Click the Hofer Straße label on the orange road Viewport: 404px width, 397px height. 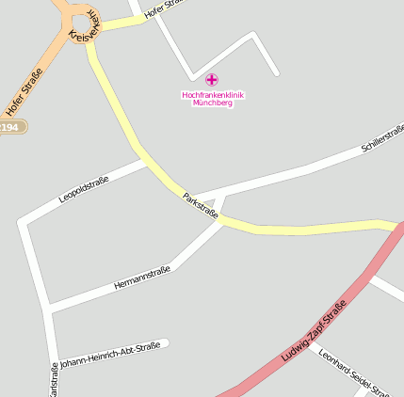(24, 91)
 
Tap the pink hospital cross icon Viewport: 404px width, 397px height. (211, 80)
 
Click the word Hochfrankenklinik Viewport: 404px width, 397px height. (213, 94)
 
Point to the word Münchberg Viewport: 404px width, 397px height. (213, 103)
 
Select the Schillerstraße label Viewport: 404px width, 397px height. (382, 137)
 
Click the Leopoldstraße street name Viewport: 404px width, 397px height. (84, 188)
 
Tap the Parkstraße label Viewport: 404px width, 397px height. (201, 206)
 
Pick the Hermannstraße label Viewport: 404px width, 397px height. (141, 278)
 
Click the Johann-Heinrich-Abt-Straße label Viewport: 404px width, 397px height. (109, 353)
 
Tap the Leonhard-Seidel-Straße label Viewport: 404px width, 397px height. (354, 373)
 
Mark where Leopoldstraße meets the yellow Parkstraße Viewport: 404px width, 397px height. (150, 162)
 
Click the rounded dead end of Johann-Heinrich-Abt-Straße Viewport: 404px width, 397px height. (166, 342)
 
